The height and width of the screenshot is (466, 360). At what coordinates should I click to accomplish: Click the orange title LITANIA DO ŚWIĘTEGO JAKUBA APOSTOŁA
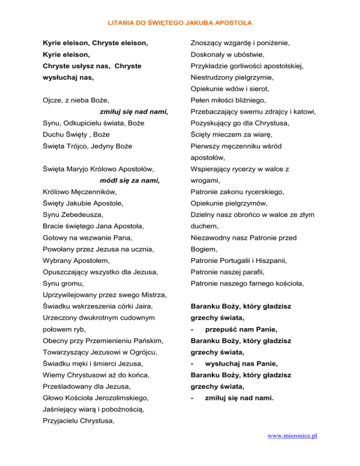(180, 22)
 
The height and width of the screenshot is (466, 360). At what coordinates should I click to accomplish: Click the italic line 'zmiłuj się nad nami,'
(134, 112)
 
